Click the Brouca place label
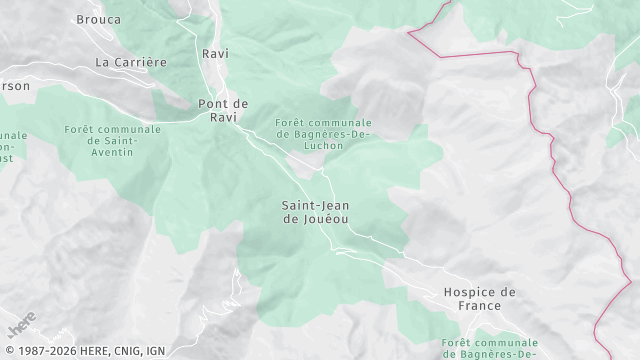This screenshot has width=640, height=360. (x=99, y=19)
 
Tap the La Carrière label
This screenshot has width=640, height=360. (x=131, y=62)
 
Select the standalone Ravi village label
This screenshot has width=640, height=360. (x=215, y=53)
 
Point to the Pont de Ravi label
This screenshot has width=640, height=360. (x=223, y=110)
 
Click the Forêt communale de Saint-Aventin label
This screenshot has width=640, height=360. (x=113, y=141)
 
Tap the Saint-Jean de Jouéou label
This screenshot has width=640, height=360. (x=316, y=212)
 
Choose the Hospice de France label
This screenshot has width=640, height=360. (x=480, y=299)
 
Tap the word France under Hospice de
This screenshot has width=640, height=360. (x=480, y=306)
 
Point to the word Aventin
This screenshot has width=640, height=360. (x=113, y=152)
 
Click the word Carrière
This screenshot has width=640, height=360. (x=146, y=62)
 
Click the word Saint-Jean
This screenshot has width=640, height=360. (x=316, y=205)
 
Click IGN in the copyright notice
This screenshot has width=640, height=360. (x=155, y=351)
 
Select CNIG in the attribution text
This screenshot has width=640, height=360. (x=124, y=351)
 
